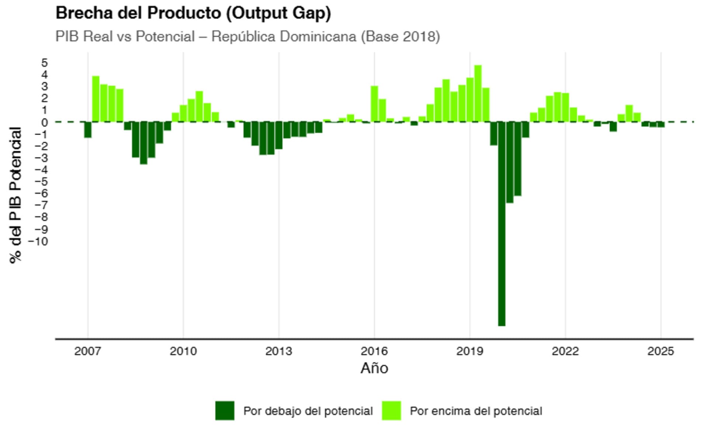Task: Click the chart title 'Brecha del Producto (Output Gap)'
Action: (193, 13)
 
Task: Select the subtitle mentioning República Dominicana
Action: (247, 37)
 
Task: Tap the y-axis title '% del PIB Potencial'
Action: (16, 195)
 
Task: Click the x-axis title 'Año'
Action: (374, 368)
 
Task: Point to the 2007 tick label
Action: (87, 351)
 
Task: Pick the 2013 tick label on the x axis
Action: (278, 351)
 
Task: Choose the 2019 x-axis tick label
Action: (469, 351)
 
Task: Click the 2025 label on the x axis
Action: (660, 351)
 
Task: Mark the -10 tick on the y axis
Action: (38, 241)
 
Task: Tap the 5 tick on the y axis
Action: (45, 63)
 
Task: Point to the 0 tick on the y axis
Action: (45, 122)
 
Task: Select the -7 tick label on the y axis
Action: (41, 205)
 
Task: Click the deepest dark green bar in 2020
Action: (502, 224)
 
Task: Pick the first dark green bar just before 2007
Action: (88, 129)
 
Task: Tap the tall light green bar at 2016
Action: (374, 104)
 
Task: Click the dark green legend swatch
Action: (225, 411)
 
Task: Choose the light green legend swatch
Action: (391, 411)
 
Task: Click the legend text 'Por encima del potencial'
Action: (476, 411)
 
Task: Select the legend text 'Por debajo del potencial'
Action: (308, 411)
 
